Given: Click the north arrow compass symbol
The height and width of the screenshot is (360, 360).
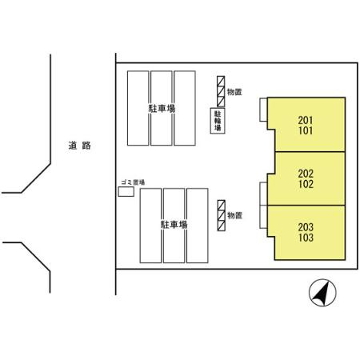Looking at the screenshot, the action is (322, 293).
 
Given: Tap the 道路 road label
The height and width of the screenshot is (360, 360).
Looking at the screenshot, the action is (79, 146).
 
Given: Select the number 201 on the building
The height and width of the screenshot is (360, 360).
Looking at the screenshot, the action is (306, 120).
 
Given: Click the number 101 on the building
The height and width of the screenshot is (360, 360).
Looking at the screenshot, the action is (306, 130).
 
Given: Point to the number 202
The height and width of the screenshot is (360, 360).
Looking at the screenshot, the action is (306, 174).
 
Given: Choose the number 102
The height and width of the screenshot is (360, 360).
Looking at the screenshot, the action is (306, 184).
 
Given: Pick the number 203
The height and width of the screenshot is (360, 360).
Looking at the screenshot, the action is (306, 227).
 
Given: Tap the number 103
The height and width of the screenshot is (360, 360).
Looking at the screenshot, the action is (306, 238).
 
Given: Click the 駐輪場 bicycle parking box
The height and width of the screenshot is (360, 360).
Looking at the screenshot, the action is (218, 121).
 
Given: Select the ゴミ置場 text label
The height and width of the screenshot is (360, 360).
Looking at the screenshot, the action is (133, 182).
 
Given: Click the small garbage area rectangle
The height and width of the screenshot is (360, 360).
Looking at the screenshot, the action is (126, 192).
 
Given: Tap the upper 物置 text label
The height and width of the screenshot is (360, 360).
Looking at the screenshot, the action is (234, 92).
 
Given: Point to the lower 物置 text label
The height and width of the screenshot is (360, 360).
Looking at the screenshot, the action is (234, 215).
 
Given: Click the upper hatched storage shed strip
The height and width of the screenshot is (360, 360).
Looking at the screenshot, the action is (221, 91).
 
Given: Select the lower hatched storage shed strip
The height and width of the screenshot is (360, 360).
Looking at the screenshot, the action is (221, 215).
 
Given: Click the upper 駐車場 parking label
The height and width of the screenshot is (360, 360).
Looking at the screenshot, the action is (162, 109).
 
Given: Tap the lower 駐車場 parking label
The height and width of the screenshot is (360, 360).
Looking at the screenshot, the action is (174, 225).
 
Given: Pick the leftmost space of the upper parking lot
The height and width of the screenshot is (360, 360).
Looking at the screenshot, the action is (138, 108).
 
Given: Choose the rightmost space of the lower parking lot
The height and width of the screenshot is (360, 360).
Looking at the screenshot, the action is (198, 226).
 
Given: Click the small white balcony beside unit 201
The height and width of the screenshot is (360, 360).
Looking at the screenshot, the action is (263, 110).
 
